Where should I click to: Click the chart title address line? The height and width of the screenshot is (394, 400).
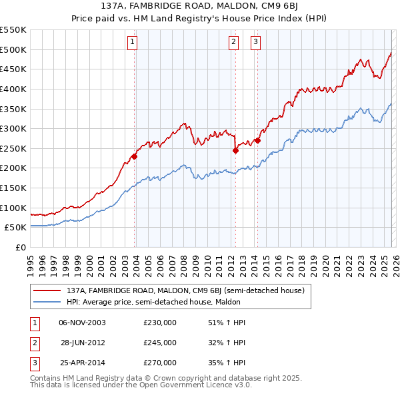coord(199,7)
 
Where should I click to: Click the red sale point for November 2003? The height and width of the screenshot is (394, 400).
coord(134,156)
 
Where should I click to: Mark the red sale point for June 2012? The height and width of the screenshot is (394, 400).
coord(235,150)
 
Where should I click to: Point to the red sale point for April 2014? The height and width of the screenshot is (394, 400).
coord(257,140)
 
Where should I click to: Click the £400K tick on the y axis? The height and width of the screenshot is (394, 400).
coord(15,89)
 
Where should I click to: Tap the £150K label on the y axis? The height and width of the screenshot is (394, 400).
coord(15,188)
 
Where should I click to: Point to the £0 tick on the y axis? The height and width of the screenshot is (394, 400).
coord(20,247)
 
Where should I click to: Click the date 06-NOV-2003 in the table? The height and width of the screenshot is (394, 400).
coord(82,323)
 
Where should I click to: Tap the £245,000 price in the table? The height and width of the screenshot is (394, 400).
coord(159,343)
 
